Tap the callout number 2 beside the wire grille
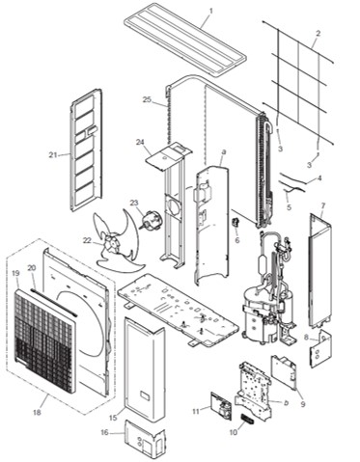pos(318,34)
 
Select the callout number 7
pos(322,205)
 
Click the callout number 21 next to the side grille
pos(53,154)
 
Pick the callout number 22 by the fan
pos(86,241)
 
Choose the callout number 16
pos(105,434)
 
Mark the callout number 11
pos(195,412)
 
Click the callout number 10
pos(233,432)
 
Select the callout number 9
pos(302,405)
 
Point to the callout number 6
pos(236,240)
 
